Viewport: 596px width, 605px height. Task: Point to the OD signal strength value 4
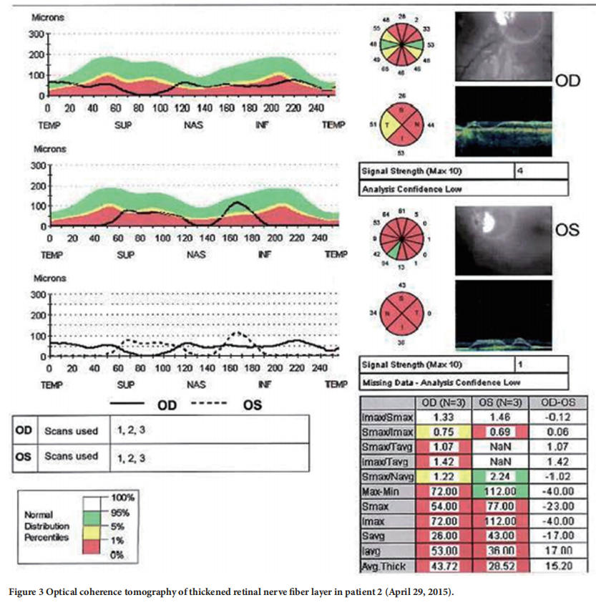521,172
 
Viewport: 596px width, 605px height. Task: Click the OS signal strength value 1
521,364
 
